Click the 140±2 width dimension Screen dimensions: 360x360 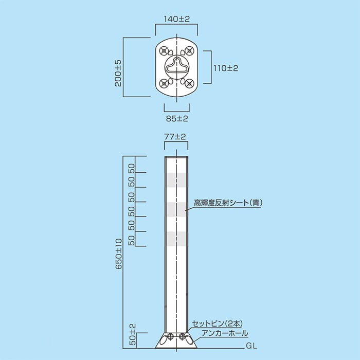pyautogui.click(x=176, y=19)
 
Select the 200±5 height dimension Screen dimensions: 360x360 pyautogui.click(x=118, y=73)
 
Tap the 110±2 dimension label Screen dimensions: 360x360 pyautogui.click(x=226, y=67)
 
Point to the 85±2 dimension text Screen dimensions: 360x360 pyautogui.click(x=176, y=118)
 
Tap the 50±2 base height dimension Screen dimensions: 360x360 pyautogui.click(x=132, y=334)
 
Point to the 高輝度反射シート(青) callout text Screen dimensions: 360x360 pyautogui.click(x=228, y=203)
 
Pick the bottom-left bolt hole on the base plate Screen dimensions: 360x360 pyautogui.click(x=164, y=83)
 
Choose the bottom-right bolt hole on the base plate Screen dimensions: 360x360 pyautogui.click(x=189, y=83)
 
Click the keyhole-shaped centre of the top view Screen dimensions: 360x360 pyautogui.click(x=176, y=66)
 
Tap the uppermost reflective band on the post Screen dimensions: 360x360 pyautogui.click(x=176, y=179)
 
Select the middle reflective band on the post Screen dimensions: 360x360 pyautogui.click(x=176, y=209)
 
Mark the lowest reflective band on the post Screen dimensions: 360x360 pyautogui.click(x=176, y=238)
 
